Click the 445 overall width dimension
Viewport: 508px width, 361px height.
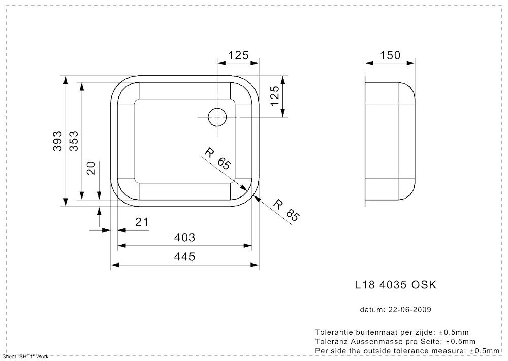pyautogui.click(x=185, y=257)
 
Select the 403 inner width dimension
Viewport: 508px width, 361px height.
pyautogui.click(x=185, y=238)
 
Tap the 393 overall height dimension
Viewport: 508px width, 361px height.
pyautogui.click(x=58, y=141)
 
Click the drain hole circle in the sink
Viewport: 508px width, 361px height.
pyautogui.click(x=218, y=117)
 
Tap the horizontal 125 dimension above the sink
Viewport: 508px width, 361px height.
pyautogui.click(x=238, y=55)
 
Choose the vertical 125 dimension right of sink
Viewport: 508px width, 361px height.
pyautogui.click(x=275, y=96)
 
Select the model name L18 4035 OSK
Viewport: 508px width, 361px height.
pyautogui.click(x=395, y=285)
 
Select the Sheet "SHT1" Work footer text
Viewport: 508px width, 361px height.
pyautogui.click(x=25, y=357)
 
